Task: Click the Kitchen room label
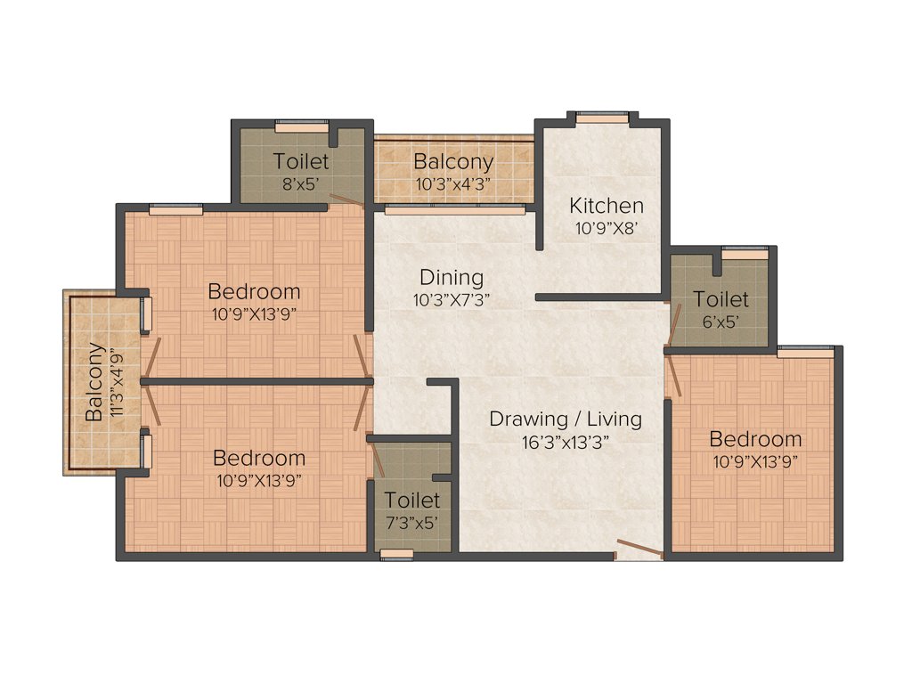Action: [606, 205]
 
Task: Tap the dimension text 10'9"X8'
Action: [606, 227]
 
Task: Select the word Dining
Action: [452, 277]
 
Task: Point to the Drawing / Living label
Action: [565, 418]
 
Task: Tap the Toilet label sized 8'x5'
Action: [301, 162]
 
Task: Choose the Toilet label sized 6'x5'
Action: [721, 299]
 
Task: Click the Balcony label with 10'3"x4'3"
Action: [453, 162]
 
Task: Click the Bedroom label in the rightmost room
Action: [755, 439]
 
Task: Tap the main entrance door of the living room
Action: [639, 549]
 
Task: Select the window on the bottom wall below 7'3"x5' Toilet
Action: [397, 555]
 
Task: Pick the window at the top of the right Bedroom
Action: [806, 350]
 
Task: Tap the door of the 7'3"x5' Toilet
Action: [377, 460]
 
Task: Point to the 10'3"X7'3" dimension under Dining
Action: [452, 300]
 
